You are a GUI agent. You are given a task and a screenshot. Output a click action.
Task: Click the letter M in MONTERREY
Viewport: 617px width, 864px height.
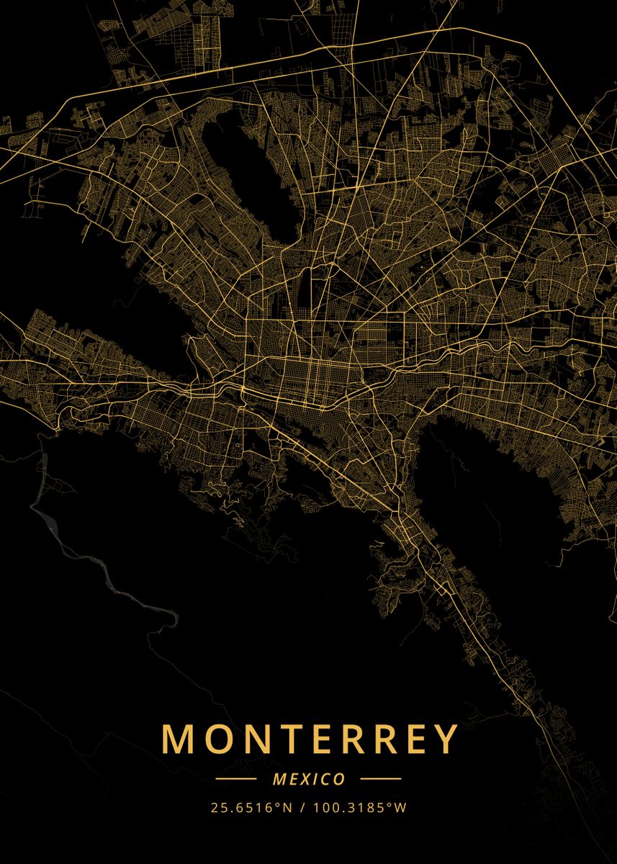(x=177, y=739)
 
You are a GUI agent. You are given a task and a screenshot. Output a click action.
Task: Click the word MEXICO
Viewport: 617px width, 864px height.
(x=309, y=779)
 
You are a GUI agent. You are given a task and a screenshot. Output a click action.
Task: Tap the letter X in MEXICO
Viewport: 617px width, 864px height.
(x=303, y=779)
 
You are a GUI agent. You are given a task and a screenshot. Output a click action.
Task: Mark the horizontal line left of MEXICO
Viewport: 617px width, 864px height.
(x=235, y=779)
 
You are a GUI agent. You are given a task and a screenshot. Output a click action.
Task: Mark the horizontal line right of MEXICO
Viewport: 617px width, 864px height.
(x=380, y=779)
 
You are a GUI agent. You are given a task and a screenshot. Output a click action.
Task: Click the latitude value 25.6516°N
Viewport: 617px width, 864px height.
(x=252, y=808)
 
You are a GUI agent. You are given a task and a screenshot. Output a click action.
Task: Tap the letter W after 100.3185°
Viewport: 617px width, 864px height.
(x=401, y=808)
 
